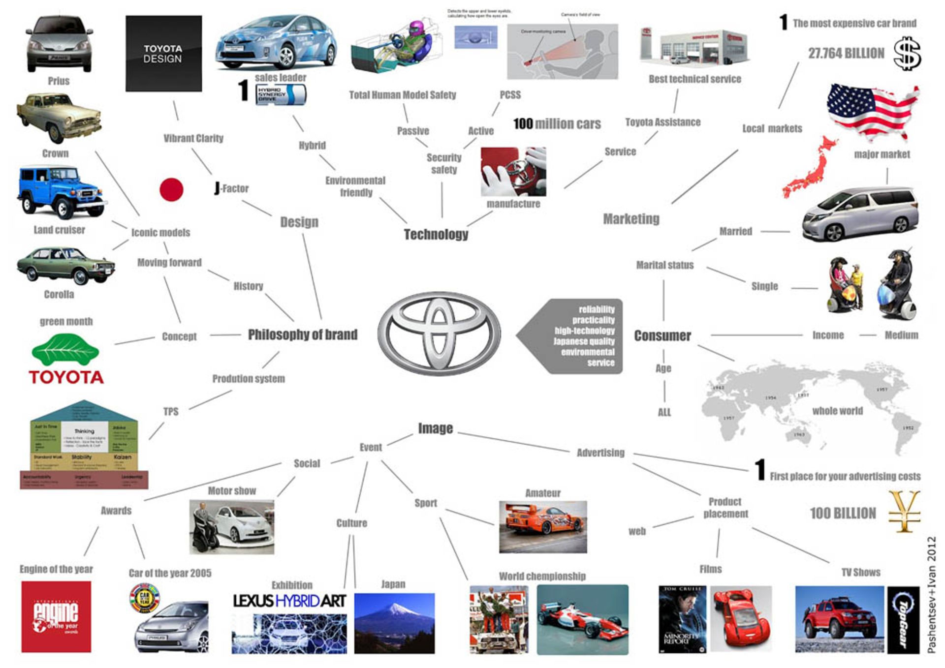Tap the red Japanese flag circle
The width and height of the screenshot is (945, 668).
coord(171,189)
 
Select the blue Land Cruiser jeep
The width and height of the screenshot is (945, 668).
coord(62,192)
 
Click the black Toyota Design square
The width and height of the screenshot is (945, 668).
coord(163,54)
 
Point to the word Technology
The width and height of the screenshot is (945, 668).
coord(436,235)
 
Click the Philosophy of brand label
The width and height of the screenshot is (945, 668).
coord(303,335)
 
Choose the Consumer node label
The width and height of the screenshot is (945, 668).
coord(662,336)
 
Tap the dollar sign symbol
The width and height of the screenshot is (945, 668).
coord(907,54)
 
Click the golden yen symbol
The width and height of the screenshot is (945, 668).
coord(904,512)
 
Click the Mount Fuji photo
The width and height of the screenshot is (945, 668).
coord(394,623)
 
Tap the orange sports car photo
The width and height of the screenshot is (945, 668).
coord(542,527)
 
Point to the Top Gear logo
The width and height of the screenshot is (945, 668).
coord(903,620)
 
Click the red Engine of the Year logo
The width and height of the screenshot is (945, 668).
coord(56,616)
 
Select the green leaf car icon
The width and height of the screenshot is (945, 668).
coord(65,350)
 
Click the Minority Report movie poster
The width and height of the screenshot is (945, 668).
coord(682,619)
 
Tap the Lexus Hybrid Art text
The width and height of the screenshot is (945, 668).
coord(289,601)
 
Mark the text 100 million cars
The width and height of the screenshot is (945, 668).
coord(557,124)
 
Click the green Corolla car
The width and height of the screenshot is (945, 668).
coord(65,266)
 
